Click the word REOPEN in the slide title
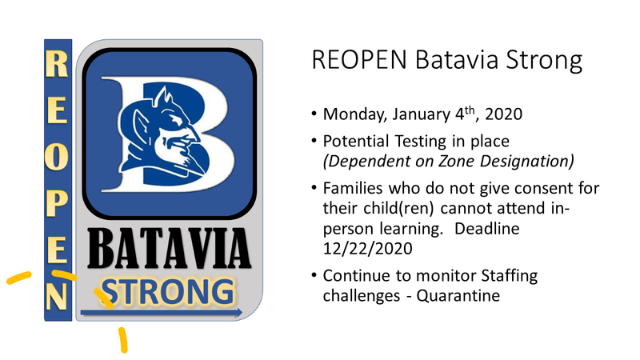pyautogui.click(x=359, y=59)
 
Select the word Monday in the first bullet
pyautogui.click(x=354, y=114)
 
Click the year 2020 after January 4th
pyautogui.click(x=504, y=114)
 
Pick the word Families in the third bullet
pyautogui.click(x=353, y=188)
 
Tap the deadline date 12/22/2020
pyautogui.click(x=367, y=248)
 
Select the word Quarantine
pyautogui.click(x=458, y=295)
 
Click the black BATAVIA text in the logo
pyautogui.click(x=169, y=249)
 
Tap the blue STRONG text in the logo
pyautogui.click(x=168, y=292)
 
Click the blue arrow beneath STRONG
pyautogui.click(x=162, y=313)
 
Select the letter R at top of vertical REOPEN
pyautogui.click(x=57, y=63)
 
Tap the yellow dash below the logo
pyautogui.click(x=123, y=339)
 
